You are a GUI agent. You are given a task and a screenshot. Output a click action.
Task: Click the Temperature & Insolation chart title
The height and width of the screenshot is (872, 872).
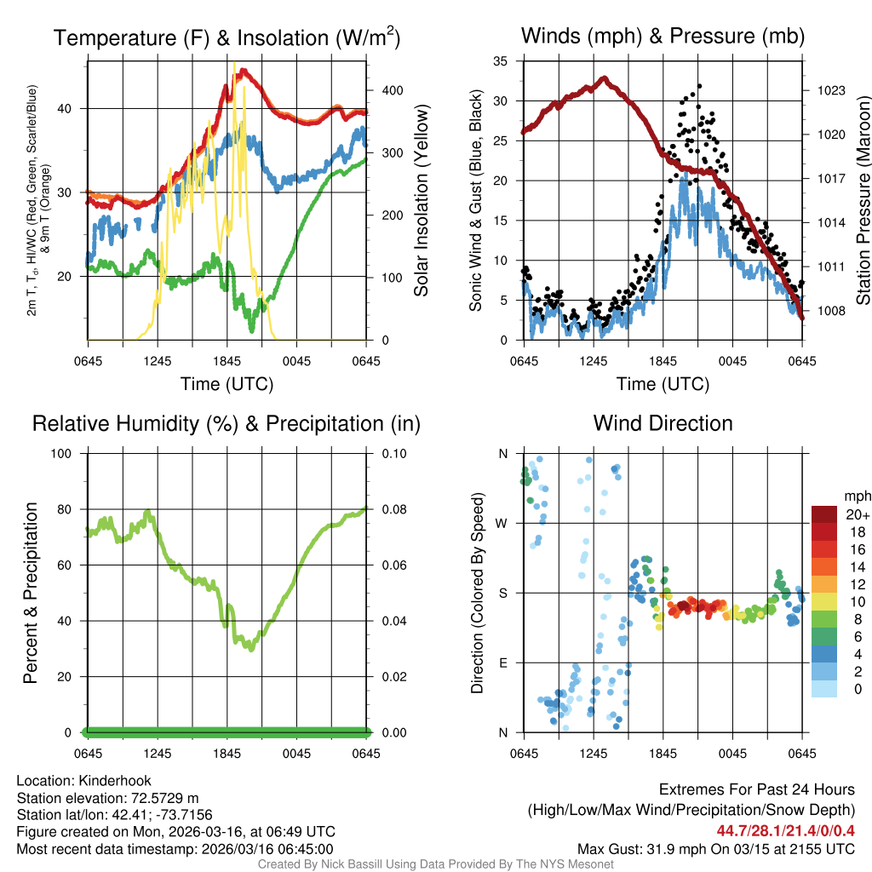click(x=227, y=37)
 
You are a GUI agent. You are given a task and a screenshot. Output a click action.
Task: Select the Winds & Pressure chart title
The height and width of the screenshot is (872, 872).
click(x=663, y=36)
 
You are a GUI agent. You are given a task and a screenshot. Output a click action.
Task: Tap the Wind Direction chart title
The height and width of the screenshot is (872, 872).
click(x=663, y=423)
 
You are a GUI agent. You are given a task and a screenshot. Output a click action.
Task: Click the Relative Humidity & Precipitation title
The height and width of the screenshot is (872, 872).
click(x=227, y=424)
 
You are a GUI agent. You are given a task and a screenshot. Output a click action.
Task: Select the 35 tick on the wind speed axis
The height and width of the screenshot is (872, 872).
click(x=501, y=61)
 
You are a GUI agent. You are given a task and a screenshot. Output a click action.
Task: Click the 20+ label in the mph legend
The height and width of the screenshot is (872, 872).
click(x=857, y=515)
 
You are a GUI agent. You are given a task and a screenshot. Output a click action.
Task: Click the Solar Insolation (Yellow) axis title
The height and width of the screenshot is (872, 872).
click(x=421, y=200)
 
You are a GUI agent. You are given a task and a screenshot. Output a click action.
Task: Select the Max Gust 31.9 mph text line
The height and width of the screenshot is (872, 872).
click(x=715, y=848)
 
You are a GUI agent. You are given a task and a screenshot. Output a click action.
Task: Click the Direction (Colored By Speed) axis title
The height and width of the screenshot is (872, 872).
click(x=478, y=592)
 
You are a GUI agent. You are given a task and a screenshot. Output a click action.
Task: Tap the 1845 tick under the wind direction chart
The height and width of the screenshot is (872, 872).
click(x=663, y=754)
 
